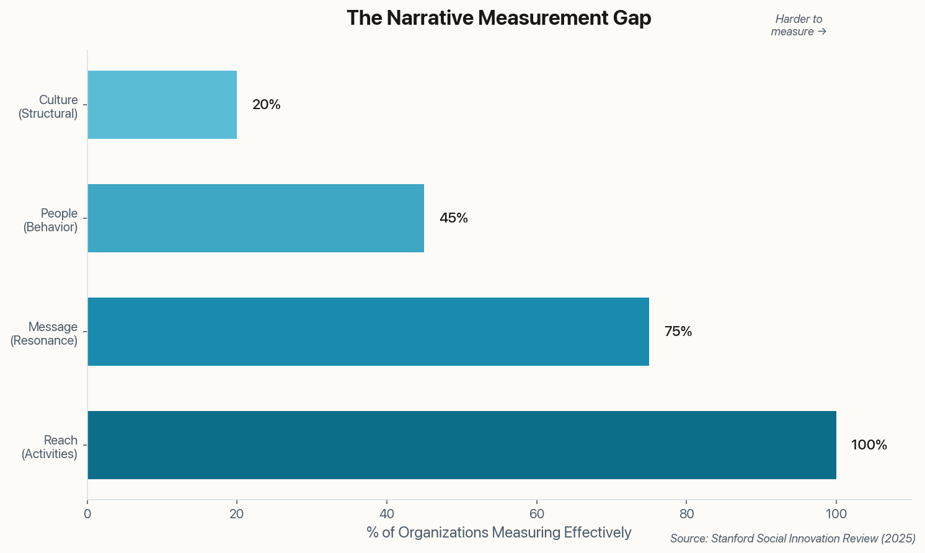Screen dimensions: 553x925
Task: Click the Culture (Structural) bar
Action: [x=162, y=105]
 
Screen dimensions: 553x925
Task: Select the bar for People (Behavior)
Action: [x=255, y=218]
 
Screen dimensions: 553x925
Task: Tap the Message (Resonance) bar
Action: [x=368, y=332]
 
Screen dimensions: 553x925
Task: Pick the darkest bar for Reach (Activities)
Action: [x=462, y=445]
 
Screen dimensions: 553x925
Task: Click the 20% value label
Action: [x=267, y=105]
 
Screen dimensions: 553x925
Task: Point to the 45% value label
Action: [x=454, y=218]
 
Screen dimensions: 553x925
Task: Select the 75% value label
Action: [x=678, y=332]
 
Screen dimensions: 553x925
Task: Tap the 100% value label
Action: [x=869, y=445]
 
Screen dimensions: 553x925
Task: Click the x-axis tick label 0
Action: [x=87, y=514]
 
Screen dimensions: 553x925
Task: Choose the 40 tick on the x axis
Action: [x=387, y=514]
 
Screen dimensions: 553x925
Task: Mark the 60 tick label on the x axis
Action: [x=537, y=514]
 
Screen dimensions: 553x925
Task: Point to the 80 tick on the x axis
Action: [x=686, y=514]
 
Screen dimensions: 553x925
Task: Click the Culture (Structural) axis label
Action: [x=48, y=107]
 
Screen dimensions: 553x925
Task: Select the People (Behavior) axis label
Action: [x=51, y=220]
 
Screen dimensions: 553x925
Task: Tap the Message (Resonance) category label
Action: [x=45, y=334]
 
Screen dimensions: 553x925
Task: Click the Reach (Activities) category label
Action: [x=50, y=447]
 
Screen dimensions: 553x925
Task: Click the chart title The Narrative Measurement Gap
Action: [x=498, y=18]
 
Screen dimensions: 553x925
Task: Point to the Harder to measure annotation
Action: [x=799, y=25]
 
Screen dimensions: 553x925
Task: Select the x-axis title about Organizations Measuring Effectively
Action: [x=498, y=533]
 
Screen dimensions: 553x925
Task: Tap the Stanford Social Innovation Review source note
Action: [x=792, y=539]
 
